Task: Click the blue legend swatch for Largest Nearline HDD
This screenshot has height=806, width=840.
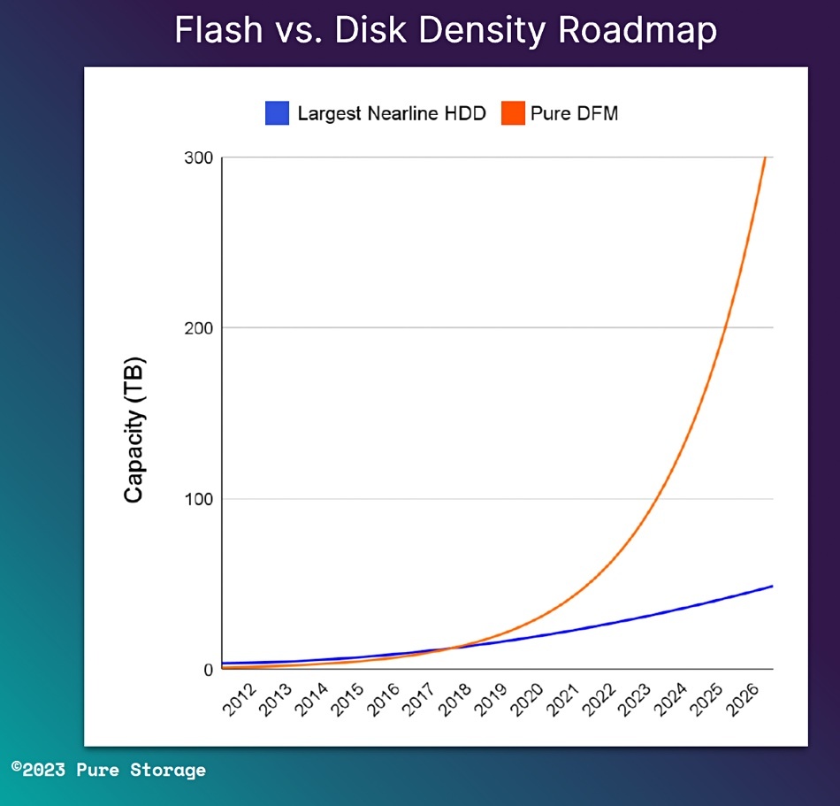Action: pyautogui.click(x=278, y=113)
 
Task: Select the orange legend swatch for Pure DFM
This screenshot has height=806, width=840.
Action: pyautogui.click(x=513, y=113)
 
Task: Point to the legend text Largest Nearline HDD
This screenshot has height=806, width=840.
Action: pyautogui.click(x=392, y=114)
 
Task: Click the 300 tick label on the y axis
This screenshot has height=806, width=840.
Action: pyautogui.click(x=198, y=157)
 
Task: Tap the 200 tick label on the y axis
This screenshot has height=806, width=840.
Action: pyautogui.click(x=198, y=328)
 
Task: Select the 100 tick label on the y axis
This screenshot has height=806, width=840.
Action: pyautogui.click(x=198, y=499)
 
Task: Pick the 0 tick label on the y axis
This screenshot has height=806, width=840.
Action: pyautogui.click(x=209, y=670)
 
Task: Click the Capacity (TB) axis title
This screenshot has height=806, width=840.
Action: pyautogui.click(x=134, y=431)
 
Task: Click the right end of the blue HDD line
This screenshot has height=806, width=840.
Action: pyautogui.click(x=772, y=587)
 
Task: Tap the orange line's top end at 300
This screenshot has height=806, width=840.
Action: pyautogui.click(x=765, y=158)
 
